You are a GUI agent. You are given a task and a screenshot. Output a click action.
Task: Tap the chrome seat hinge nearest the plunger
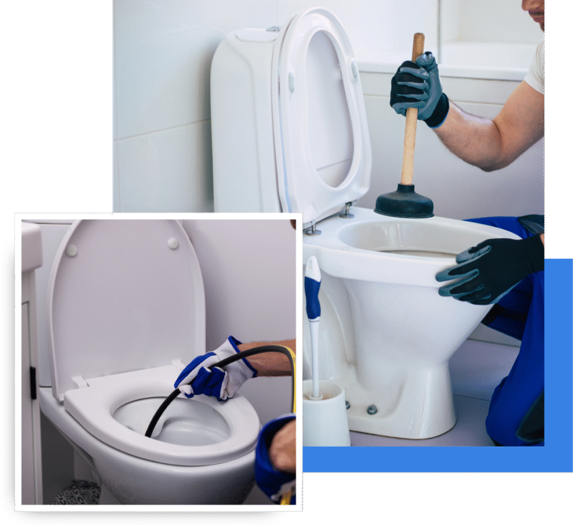(347, 210)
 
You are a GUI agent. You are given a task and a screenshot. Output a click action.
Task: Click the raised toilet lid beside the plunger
(322, 112)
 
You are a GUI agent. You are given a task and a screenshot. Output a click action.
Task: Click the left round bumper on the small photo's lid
(71, 250)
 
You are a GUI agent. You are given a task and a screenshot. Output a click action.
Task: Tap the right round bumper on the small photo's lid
(173, 244)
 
